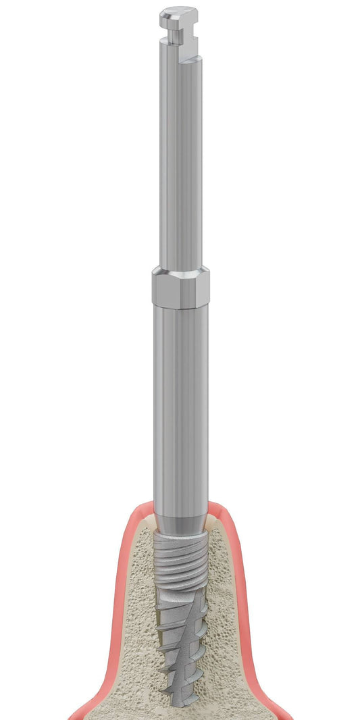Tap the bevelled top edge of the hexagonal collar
[180, 272]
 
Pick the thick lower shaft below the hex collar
[180, 405]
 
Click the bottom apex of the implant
[180, 702]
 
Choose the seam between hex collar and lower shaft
[180, 306]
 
